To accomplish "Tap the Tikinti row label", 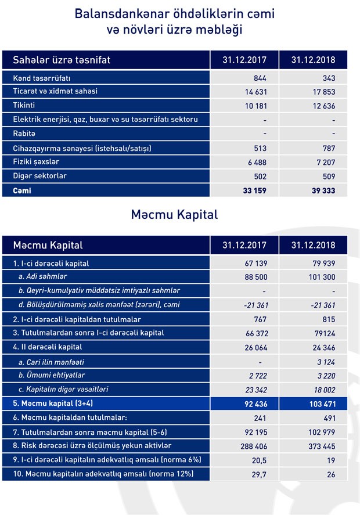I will (x=24, y=105).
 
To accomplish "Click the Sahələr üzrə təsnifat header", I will (x=62, y=60).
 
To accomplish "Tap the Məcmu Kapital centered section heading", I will (x=174, y=214).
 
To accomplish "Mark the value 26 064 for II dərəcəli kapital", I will (x=254, y=347).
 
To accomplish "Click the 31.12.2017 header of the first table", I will (x=244, y=60).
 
